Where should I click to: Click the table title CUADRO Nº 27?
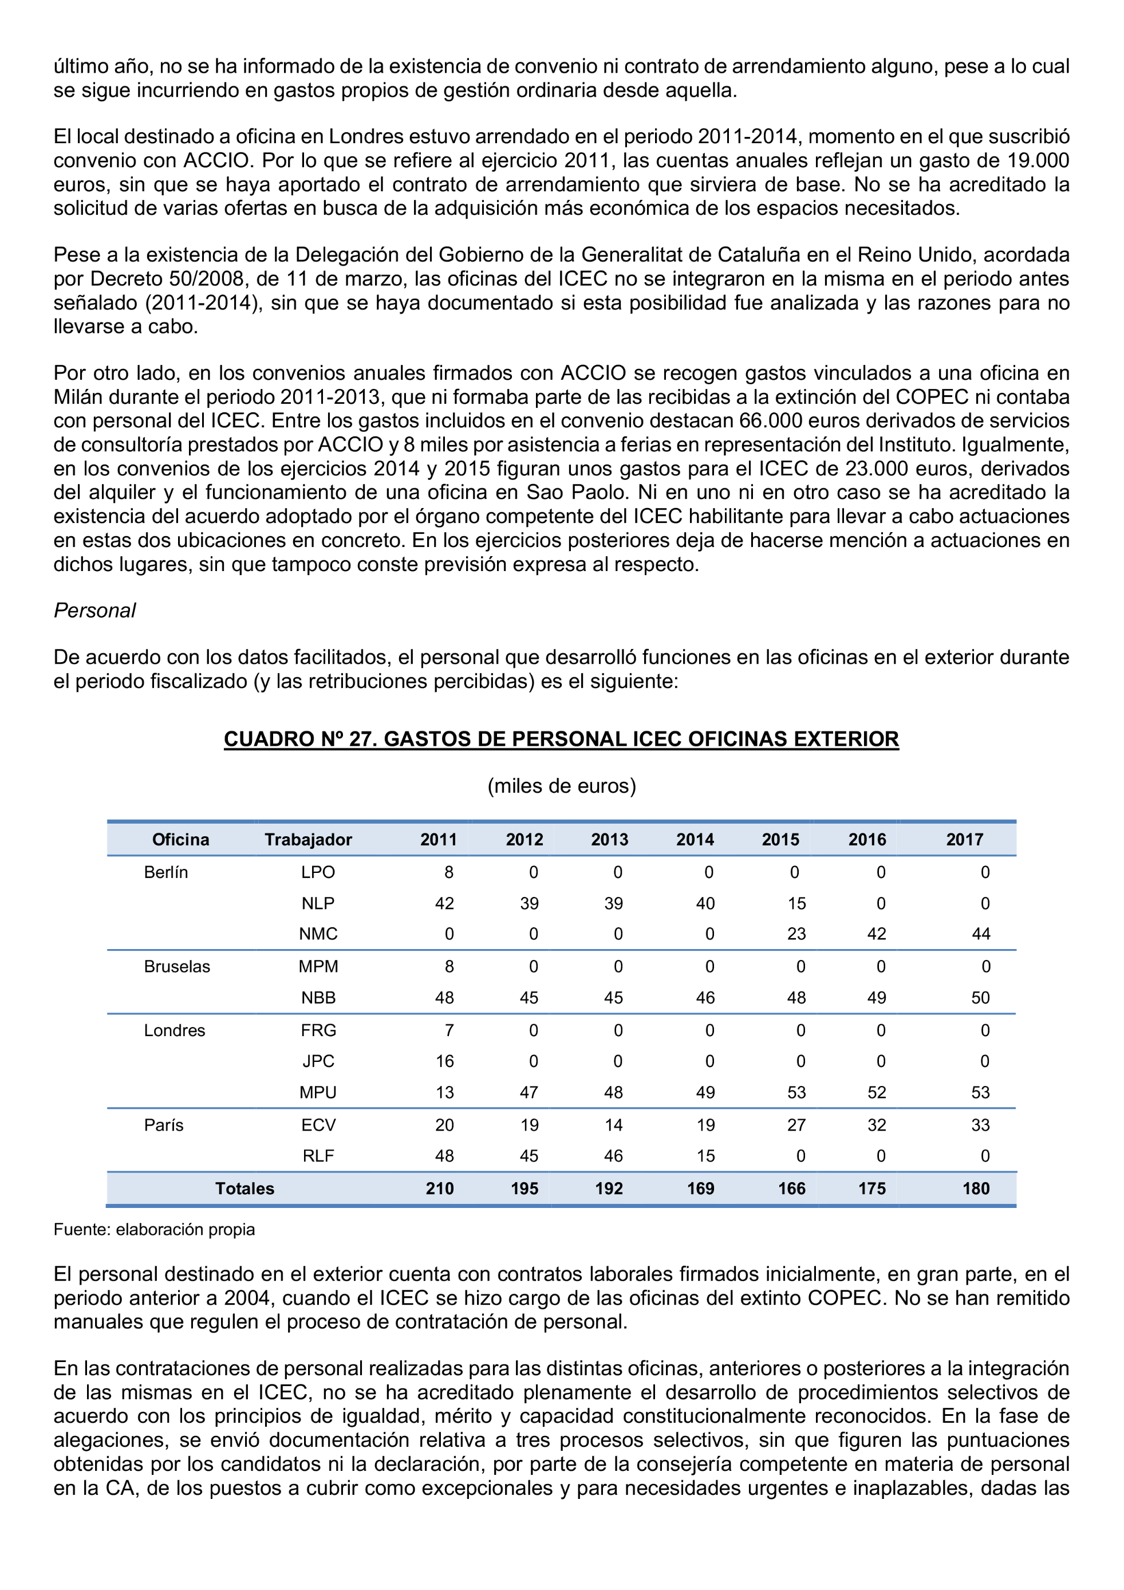point(561,739)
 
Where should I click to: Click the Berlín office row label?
point(166,872)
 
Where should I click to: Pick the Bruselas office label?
point(176,966)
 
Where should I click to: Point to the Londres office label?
point(175,1030)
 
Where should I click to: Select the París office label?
point(164,1125)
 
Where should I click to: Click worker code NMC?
point(318,934)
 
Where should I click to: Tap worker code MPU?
point(318,1092)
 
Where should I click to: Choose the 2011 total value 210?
point(440,1188)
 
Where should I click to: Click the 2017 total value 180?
point(976,1188)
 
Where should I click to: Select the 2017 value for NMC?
point(981,934)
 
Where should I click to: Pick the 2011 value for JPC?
point(444,1061)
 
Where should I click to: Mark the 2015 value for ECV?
point(796,1125)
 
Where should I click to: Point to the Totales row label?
point(244,1188)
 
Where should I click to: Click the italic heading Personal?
point(95,610)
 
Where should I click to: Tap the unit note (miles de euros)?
point(561,786)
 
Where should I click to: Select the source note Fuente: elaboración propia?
point(155,1229)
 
